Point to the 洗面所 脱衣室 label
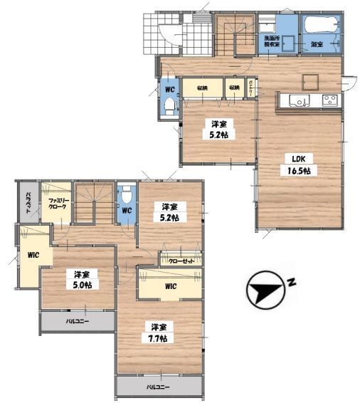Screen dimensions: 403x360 (272, 40)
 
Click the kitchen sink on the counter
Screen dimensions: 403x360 (297, 99)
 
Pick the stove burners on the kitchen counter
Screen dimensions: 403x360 (331, 99)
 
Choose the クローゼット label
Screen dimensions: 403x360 (181, 261)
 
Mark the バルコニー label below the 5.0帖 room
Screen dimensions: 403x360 (78, 322)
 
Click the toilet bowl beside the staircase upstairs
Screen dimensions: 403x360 (126, 195)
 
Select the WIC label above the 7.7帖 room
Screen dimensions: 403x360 (170, 286)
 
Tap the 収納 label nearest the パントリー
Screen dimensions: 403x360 (233, 88)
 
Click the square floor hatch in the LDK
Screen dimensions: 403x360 (311, 78)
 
